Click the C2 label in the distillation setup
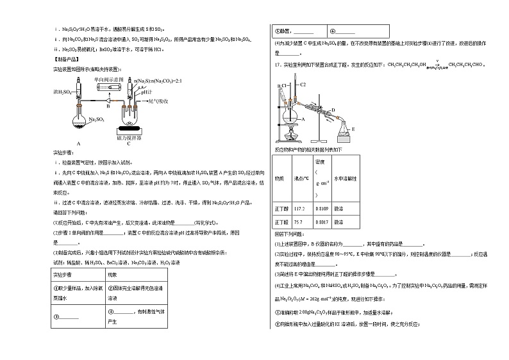tap(304, 85)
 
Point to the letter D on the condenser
tap(334, 110)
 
